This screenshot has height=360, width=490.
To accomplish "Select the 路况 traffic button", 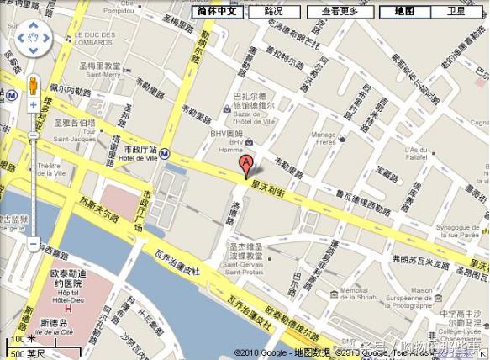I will (x=273, y=12).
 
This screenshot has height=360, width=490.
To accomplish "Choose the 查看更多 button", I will (x=340, y=12).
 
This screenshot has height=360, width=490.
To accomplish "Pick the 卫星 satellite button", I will (x=456, y=12).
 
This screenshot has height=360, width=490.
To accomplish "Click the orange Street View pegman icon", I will (x=34, y=86).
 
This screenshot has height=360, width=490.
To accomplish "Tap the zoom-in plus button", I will (x=34, y=106).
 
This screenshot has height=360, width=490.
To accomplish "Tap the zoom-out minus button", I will (x=34, y=245).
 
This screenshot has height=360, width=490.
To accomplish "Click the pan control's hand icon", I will (x=34, y=38).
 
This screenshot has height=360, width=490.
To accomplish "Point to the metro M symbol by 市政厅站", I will (x=166, y=154).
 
